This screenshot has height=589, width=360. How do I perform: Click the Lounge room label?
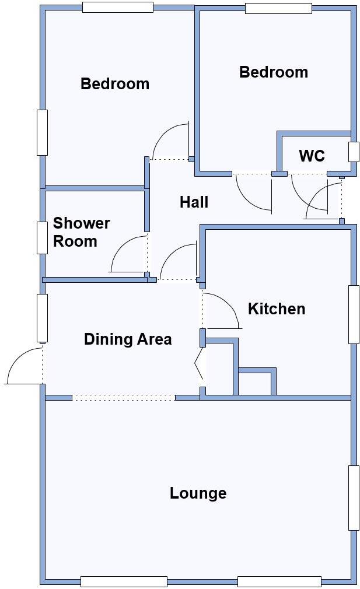(x=198, y=493)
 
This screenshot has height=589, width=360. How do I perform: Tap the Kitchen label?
(x=277, y=308)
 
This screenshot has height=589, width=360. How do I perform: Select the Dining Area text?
(x=128, y=339)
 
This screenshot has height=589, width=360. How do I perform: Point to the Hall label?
(x=194, y=202)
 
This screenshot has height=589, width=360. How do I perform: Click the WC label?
(x=312, y=156)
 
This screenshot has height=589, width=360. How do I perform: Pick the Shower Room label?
(x=81, y=232)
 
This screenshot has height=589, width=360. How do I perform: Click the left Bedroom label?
(x=114, y=83)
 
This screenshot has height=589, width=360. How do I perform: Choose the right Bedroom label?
(x=274, y=72)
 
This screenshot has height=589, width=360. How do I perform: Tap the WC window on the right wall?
(x=354, y=152)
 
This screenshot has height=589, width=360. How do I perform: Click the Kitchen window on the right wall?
(x=354, y=314)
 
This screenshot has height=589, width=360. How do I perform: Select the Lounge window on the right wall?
(x=354, y=497)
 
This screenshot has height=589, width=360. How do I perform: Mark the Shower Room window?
(x=42, y=237)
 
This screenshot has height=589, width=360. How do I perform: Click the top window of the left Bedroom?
(x=117, y=7)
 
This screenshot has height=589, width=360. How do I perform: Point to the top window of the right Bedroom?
(x=278, y=8)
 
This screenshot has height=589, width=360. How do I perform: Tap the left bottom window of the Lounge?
(x=124, y=581)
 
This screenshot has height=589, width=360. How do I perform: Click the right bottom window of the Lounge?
(x=279, y=581)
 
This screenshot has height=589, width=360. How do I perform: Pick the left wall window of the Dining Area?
(x=42, y=318)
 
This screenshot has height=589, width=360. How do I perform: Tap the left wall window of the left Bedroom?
(x=42, y=132)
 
